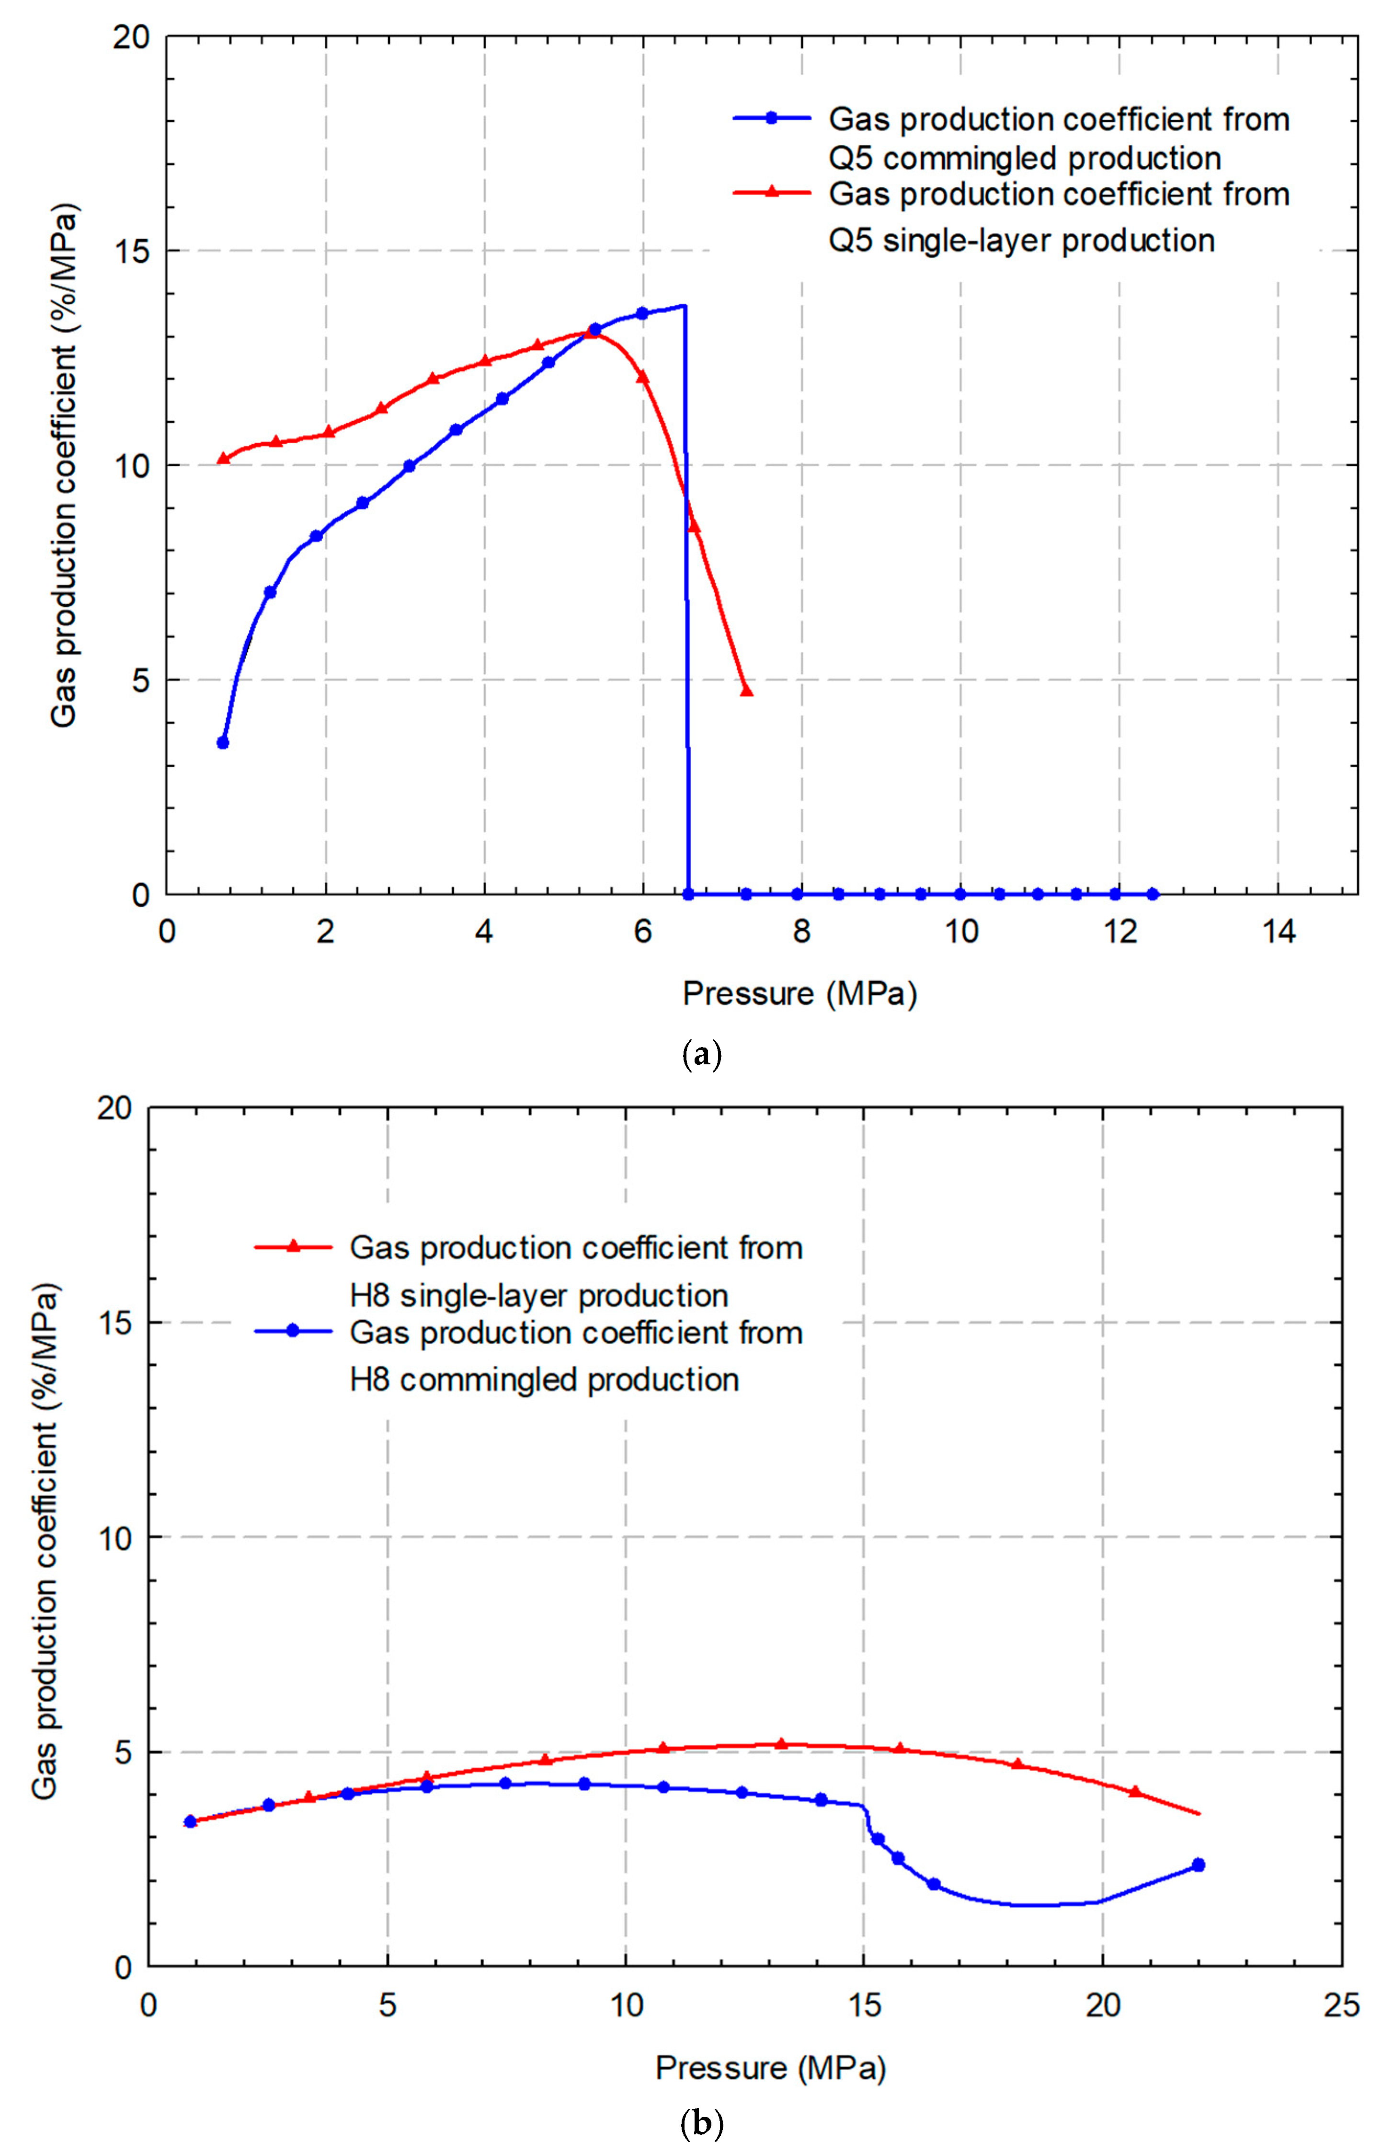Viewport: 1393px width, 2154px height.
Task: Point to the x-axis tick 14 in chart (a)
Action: pos(1278,931)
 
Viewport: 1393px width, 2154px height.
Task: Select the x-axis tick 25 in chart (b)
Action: pos(1340,2005)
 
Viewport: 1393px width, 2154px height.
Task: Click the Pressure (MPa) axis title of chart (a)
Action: pos(799,993)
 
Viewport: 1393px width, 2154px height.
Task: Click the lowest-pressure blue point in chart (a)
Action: pos(223,743)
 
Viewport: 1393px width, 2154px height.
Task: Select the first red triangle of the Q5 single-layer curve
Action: pos(223,459)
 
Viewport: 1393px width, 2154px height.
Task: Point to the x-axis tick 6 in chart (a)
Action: pos(642,931)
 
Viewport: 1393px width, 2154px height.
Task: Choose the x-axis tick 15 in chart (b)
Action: pos(864,2005)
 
